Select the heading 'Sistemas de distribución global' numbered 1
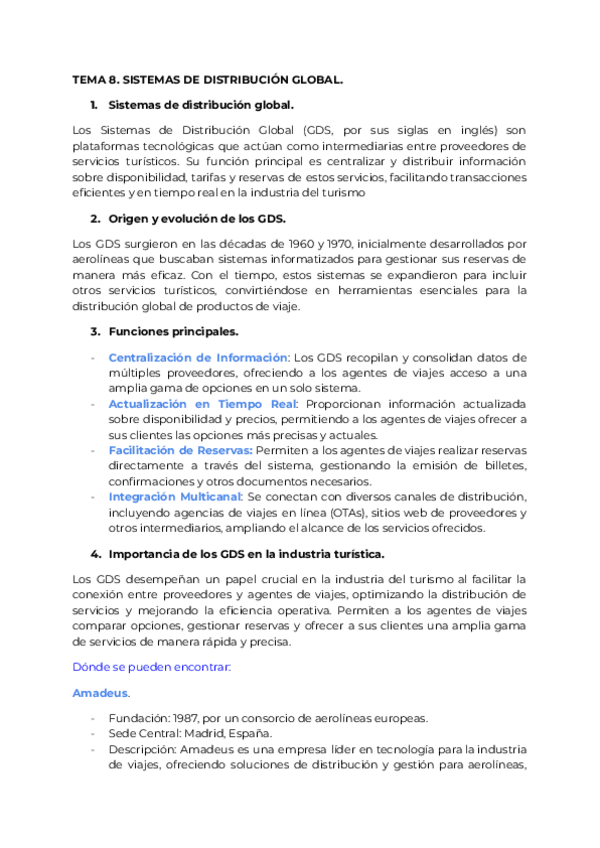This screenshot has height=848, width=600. tap(200, 105)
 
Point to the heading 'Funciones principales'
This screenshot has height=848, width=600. tap(172, 331)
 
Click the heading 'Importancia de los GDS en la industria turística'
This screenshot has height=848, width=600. tap(245, 553)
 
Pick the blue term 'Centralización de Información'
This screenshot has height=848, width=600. tap(198, 357)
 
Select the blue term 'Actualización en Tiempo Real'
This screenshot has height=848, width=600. tap(195, 404)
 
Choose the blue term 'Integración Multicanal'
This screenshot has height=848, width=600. tap(174, 497)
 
